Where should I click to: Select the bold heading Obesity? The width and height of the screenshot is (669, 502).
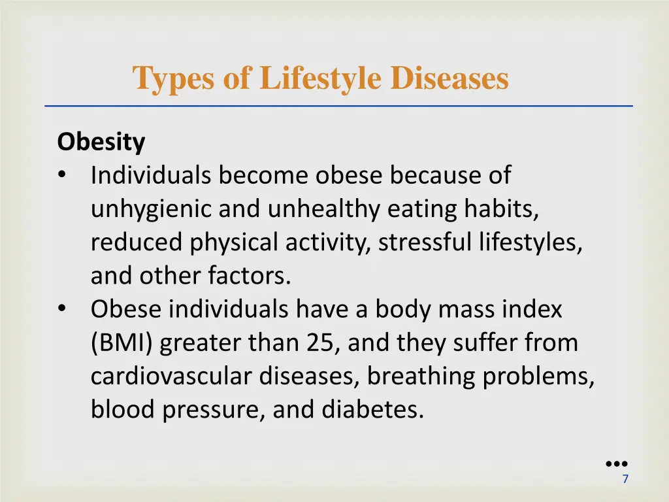coord(101,142)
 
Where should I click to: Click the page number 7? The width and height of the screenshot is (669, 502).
coord(625,479)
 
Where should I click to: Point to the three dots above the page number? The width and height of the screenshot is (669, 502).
coord(616,463)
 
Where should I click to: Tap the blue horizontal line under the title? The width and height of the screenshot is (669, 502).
coord(338,106)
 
